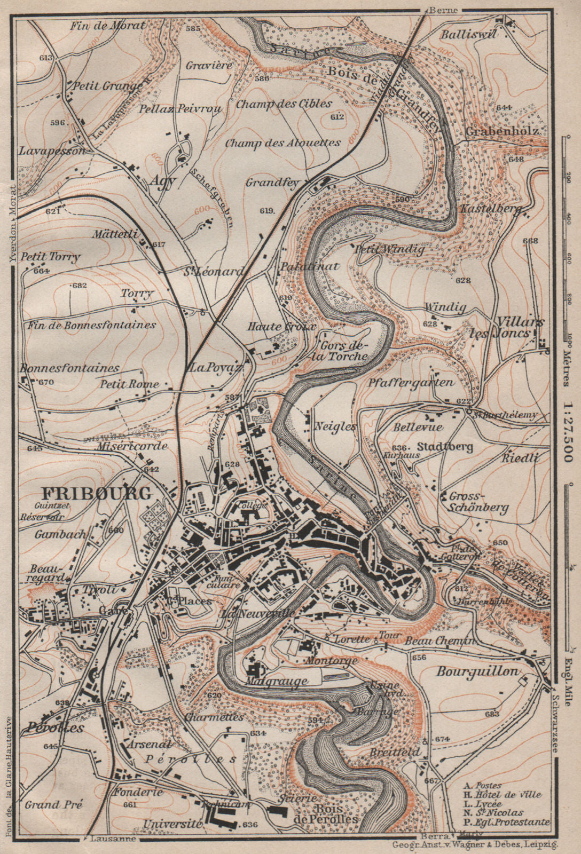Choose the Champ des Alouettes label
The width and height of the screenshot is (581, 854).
pos(282,143)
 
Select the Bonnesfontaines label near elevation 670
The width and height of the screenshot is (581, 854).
pos(70,368)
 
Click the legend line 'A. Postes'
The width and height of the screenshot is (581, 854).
pos(483,786)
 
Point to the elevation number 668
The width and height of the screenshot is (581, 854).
pos(530,241)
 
